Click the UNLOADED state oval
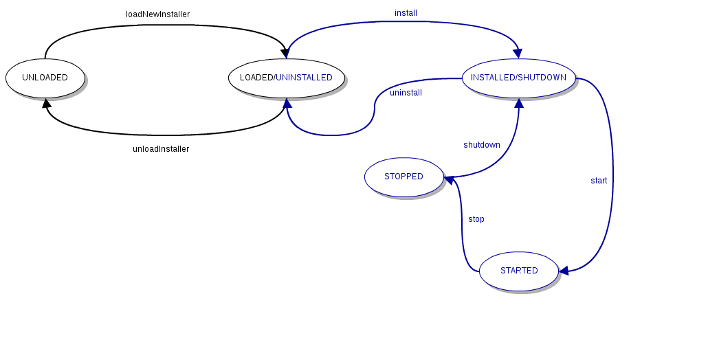(x=45, y=78)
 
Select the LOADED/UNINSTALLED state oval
(x=286, y=78)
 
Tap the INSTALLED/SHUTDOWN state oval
(x=518, y=78)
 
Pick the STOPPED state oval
(x=403, y=177)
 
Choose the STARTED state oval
(x=519, y=271)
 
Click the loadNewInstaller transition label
(x=157, y=14)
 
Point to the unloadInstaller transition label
(x=160, y=149)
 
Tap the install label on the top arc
(x=406, y=13)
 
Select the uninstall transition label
(x=406, y=93)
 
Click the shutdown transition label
(x=482, y=145)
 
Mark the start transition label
(x=599, y=181)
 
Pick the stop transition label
(x=476, y=219)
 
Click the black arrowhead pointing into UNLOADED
(x=46, y=103)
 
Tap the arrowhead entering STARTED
(x=564, y=271)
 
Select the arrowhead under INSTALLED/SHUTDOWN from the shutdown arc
(x=519, y=103)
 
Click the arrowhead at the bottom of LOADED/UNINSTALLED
(x=287, y=103)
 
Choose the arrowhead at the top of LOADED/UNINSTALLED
(x=285, y=53)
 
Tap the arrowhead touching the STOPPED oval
(x=449, y=179)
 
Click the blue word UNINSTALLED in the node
(x=304, y=78)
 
